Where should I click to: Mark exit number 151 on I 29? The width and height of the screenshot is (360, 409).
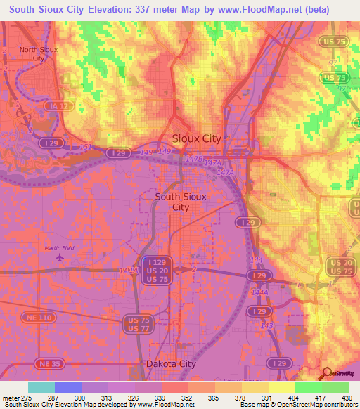tap(85, 147)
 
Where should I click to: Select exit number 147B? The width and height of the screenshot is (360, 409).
tap(195, 160)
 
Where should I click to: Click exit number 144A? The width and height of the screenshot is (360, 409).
tap(259, 292)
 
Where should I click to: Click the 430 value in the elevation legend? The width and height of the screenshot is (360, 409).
tap(347, 397)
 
